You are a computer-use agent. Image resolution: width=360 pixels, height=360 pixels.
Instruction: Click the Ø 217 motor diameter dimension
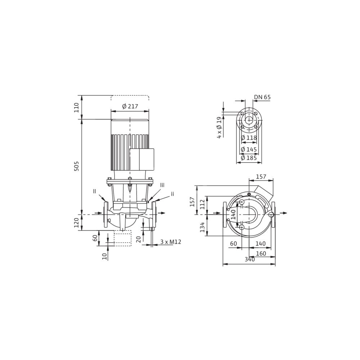pyautogui.click(x=130, y=107)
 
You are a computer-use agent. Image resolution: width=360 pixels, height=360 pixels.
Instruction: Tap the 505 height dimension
pyautogui.click(x=77, y=166)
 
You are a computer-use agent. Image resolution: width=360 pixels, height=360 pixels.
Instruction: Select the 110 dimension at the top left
pyautogui.click(x=77, y=107)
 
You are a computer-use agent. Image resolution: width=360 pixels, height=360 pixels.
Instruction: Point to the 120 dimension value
pyautogui.click(x=77, y=222)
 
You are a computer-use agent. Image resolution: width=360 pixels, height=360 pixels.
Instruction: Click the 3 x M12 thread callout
pyautogui.click(x=171, y=242)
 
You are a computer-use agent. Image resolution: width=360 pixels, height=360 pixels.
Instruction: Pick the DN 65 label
pyautogui.click(x=262, y=97)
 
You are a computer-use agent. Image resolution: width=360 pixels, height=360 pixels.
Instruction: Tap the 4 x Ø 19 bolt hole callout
pyautogui.click(x=220, y=127)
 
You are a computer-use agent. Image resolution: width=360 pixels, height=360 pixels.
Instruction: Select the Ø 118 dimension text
pyautogui.click(x=249, y=138)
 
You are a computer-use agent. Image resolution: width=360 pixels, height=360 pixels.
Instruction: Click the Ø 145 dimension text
pyautogui.click(x=249, y=149)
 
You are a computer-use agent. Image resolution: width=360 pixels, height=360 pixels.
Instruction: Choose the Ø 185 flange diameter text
pyautogui.click(x=249, y=158)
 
